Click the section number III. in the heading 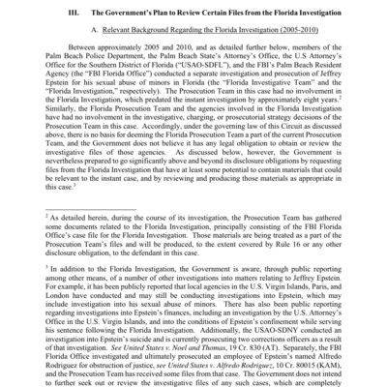click(79, 13)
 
